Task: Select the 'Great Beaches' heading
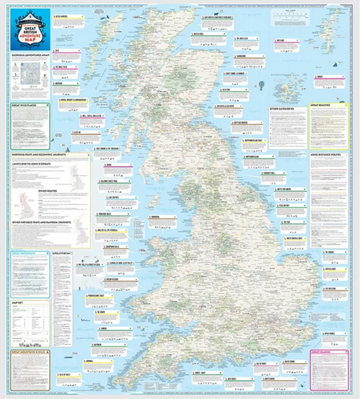pos(320,105)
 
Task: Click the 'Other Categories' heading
pos(282,109)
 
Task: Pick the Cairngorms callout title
pos(243,57)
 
